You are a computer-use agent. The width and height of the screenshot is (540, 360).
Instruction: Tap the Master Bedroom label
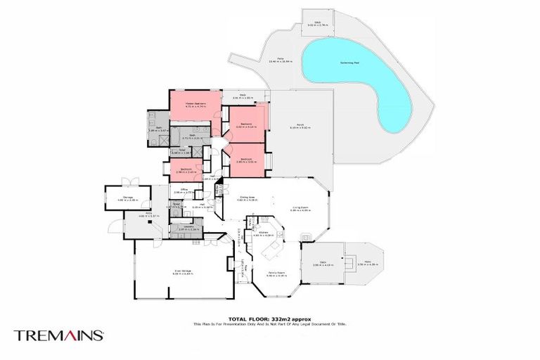[185, 104]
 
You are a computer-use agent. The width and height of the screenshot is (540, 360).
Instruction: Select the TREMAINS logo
[59, 335]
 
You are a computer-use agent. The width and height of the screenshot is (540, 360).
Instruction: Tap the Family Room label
[274, 274]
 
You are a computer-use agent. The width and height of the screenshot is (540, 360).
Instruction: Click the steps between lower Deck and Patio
[346, 262]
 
